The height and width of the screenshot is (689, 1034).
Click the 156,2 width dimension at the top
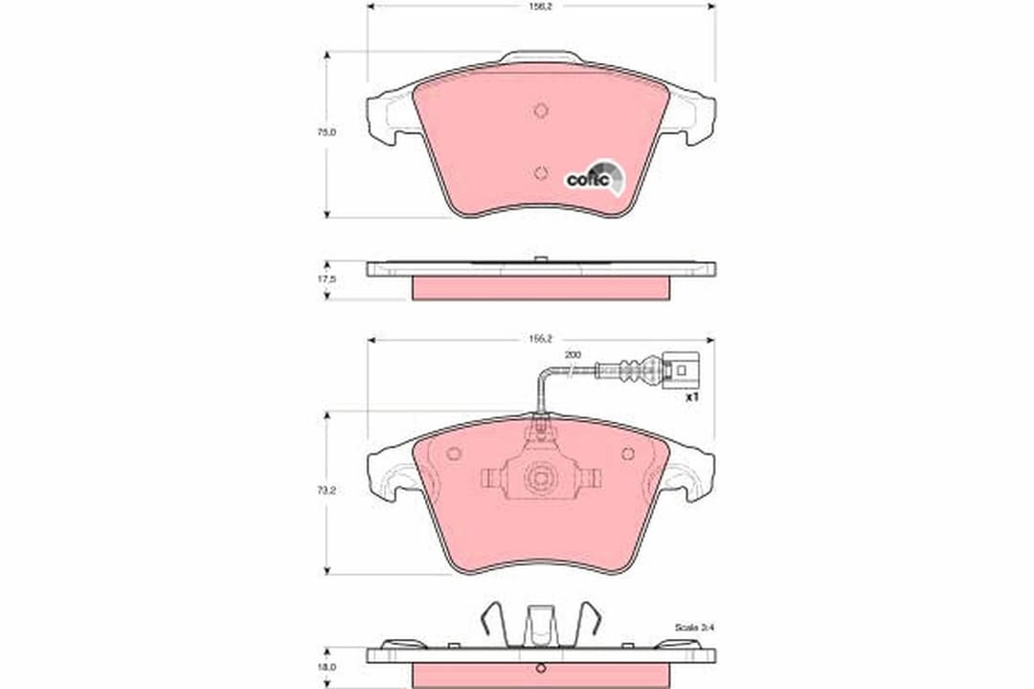pyautogui.click(x=541, y=6)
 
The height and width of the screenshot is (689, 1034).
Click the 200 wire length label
pyautogui.click(x=573, y=355)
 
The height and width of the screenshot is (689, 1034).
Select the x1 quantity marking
pyautogui.click(x=693, y=394)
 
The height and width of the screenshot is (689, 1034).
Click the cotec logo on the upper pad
pyautogui.click(x=596, y=176)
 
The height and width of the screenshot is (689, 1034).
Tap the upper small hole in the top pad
pyautogui.click(x=541, y=110)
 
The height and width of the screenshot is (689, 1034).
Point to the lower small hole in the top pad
pyautogui.click(x=541, y=173)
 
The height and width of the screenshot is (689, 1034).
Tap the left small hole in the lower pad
pyautogui.click(x=454, y=454)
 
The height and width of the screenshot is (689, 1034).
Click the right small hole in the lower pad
pyautogui.click(x=628, y=454)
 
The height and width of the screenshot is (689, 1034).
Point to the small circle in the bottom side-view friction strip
pyautogui.click(x=541, y=669)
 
